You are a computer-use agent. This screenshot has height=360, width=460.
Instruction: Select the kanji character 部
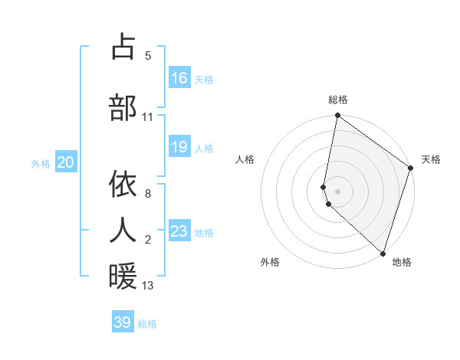123,108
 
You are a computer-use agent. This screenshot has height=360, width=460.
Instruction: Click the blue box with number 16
179,78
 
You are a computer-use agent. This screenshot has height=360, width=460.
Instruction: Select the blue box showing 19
179,147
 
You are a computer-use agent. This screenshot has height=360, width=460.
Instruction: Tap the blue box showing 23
179,231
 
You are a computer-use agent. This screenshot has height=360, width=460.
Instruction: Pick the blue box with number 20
66,162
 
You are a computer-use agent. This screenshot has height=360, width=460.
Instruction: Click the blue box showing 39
123,322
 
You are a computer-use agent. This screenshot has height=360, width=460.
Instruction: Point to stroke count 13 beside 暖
148,286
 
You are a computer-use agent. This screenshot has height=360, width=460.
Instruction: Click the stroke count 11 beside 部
148,117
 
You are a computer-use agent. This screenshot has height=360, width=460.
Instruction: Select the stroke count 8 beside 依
148,194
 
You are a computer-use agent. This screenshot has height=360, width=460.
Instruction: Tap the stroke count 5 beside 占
148,56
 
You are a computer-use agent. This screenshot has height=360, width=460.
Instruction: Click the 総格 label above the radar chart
338,100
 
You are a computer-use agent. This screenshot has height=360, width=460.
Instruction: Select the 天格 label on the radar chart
431,159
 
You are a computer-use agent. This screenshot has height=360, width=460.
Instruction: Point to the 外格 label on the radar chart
270,262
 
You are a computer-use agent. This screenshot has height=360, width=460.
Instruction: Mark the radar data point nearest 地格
383,253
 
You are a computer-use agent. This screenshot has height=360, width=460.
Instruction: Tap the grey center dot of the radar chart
338,190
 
